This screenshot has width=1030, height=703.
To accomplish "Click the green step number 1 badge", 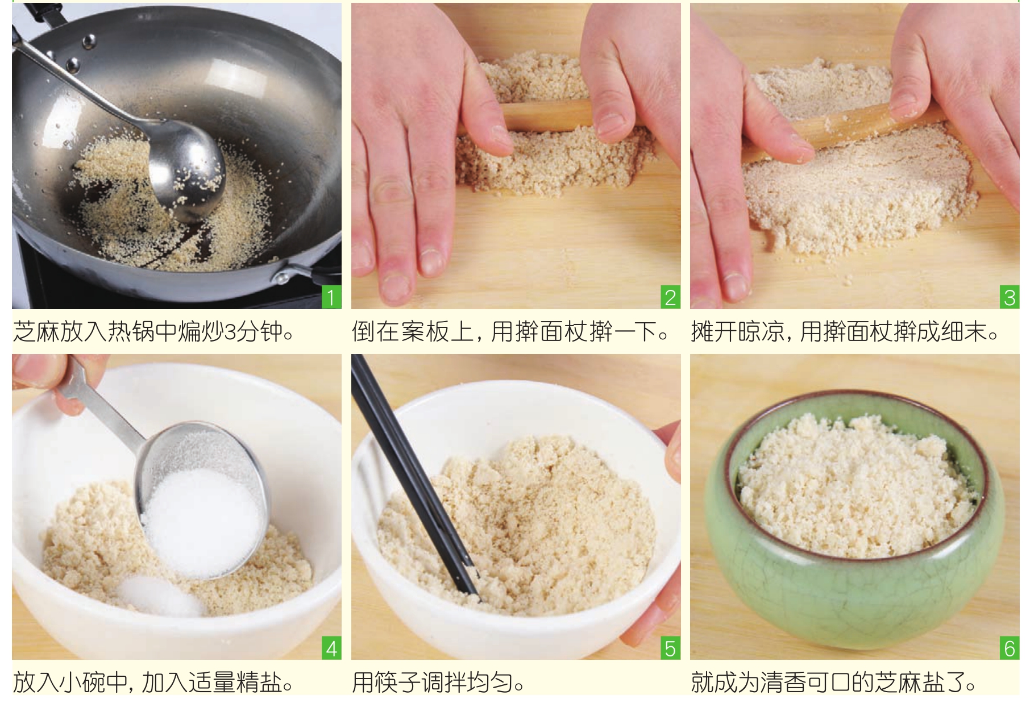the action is pos(331,297).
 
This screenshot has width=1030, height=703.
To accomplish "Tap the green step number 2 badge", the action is pos(671,297).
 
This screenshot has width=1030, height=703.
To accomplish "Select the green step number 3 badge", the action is pos(1010,297).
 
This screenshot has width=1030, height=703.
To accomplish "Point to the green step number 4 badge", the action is pos(331,648).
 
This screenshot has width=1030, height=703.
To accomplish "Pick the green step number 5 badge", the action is pos(671,648).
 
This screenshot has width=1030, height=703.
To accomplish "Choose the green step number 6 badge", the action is pos(1010,648).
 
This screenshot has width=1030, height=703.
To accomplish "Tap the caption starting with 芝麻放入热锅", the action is pos(153,331).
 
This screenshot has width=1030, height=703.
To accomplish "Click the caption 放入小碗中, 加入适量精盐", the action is pos(153,681).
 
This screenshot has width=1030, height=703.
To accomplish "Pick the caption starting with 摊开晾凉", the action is pos(845,331).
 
